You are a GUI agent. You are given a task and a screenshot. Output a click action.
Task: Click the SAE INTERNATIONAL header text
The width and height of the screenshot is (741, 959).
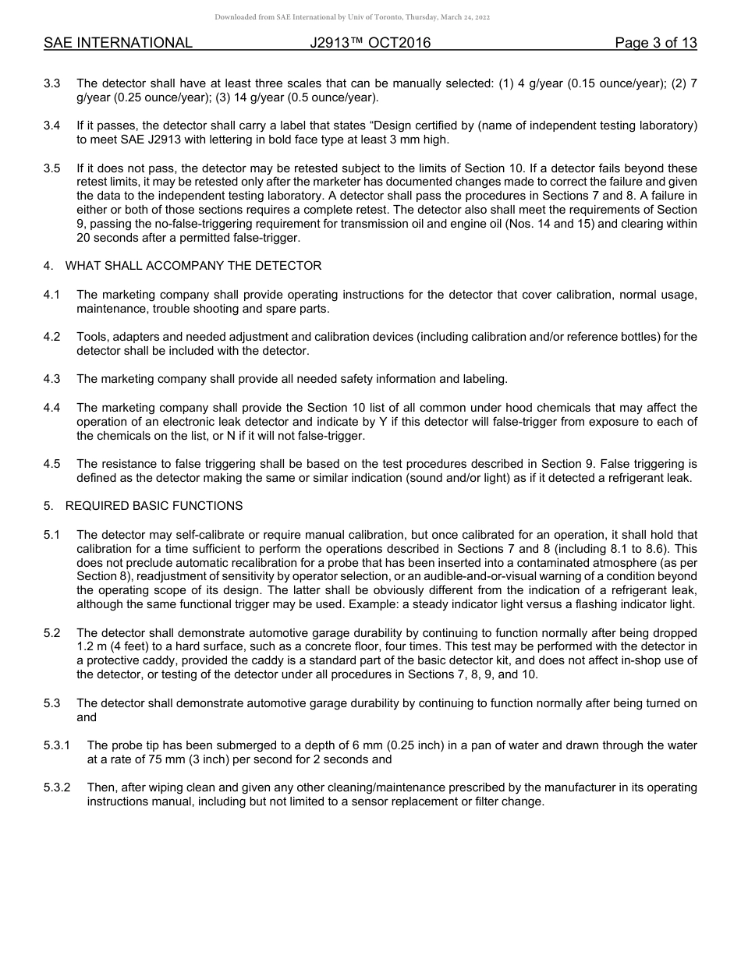[118, 43]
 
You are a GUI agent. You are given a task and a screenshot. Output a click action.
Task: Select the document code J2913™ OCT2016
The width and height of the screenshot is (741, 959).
[370, 43]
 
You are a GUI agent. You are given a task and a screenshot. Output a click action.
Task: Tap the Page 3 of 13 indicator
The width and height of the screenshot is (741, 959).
[655, 43]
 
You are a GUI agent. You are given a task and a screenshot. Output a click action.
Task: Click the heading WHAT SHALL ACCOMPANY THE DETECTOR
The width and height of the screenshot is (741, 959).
[193, 266]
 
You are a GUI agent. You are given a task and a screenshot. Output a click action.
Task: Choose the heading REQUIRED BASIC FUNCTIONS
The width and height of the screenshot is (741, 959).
[154, 506]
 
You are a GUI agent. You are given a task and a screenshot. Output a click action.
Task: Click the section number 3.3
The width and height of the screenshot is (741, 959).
[51, 83]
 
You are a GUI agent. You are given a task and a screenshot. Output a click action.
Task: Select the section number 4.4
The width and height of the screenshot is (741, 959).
[51, 408]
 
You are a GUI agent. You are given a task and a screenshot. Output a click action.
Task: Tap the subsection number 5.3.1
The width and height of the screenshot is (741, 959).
[57, 745]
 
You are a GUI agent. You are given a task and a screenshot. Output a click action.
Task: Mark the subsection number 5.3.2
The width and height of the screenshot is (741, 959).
[57, 787]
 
